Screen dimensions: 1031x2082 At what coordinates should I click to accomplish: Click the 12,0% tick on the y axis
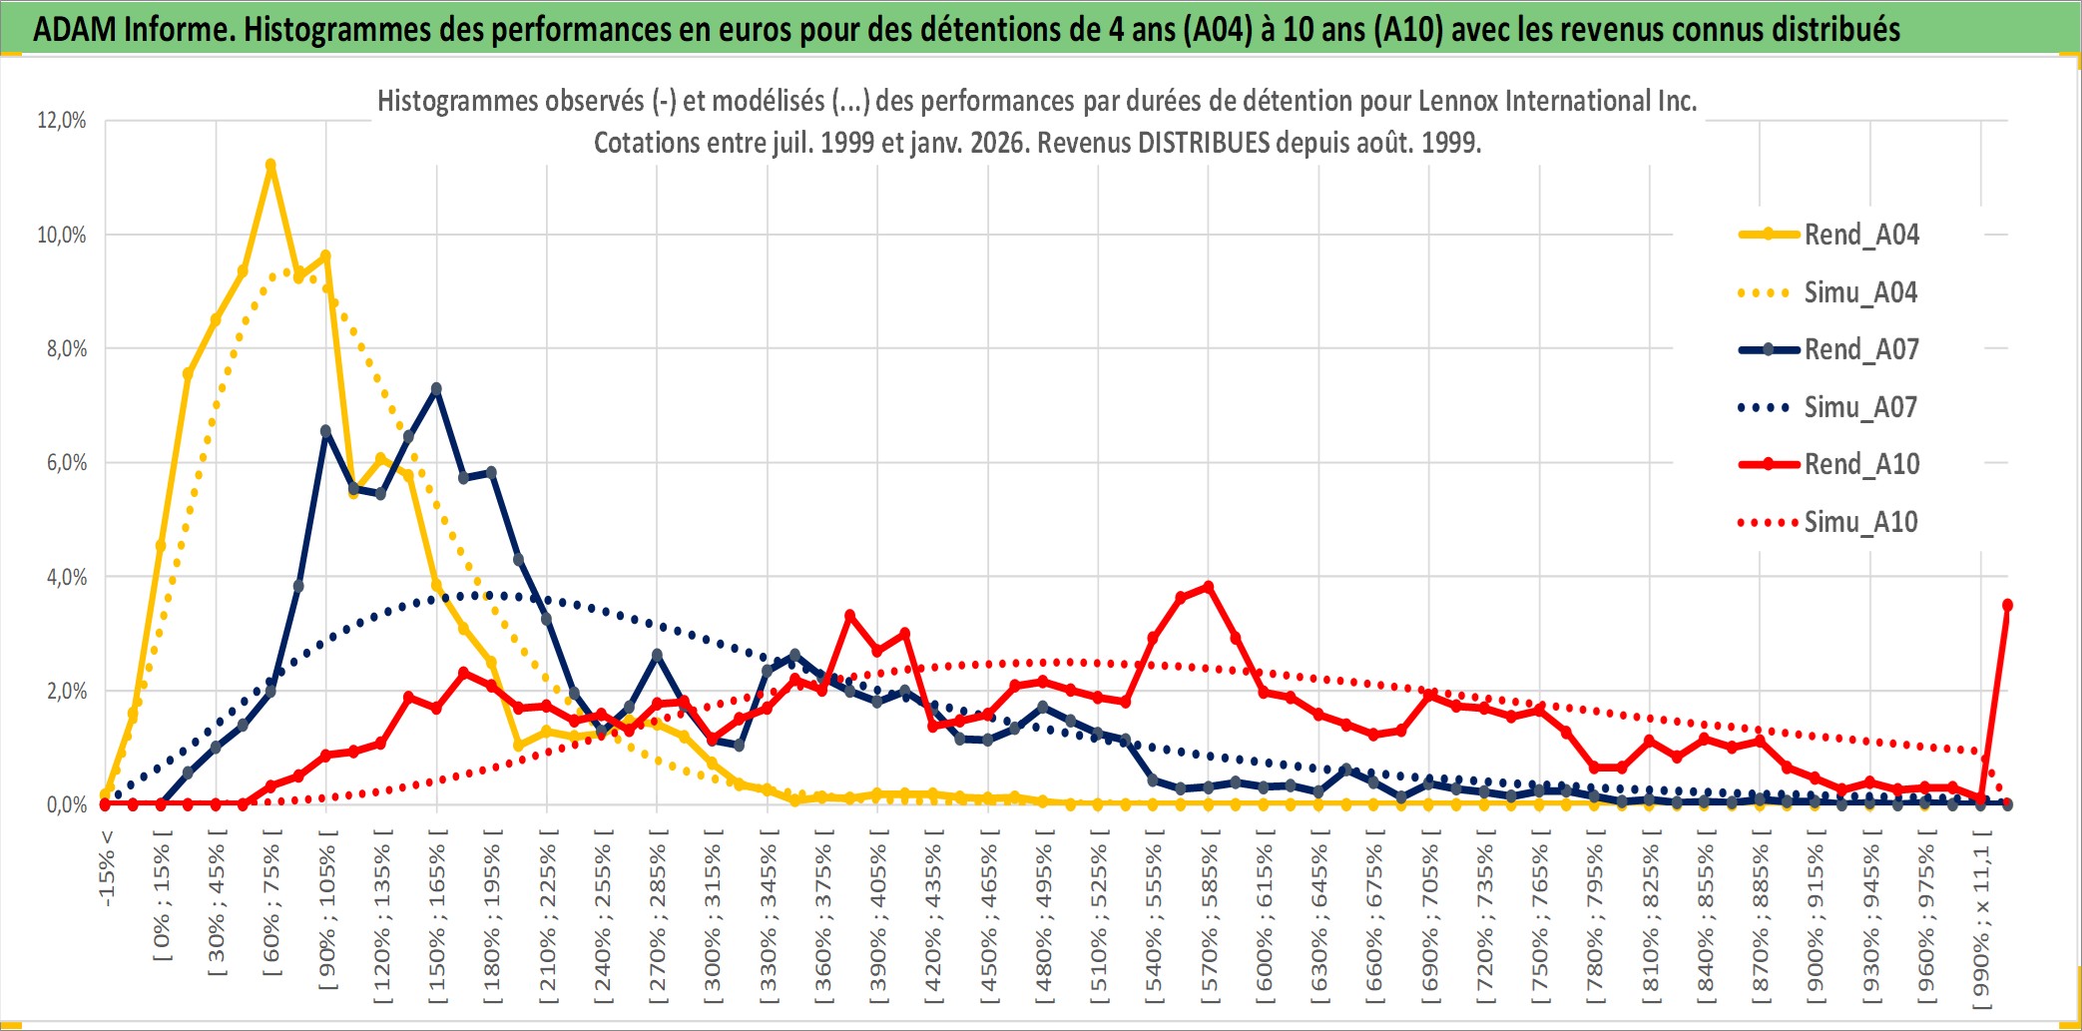62,121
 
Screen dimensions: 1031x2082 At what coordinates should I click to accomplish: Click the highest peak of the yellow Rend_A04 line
270,165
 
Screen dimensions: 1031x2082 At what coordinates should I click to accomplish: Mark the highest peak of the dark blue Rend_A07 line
436,389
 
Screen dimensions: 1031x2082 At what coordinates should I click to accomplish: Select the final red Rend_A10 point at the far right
2007,605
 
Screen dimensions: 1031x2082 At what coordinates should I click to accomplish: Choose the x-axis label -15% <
107,868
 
